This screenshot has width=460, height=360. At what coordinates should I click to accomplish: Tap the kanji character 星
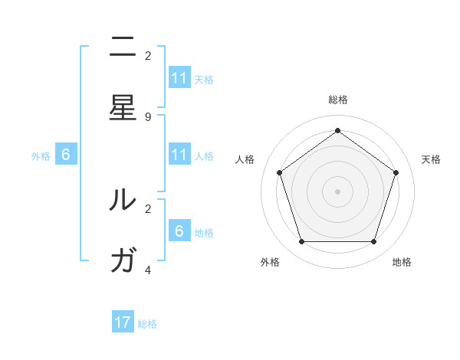123,108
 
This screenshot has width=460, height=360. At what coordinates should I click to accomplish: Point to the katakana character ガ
123,260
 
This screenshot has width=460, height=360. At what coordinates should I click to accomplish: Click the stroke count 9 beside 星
148,116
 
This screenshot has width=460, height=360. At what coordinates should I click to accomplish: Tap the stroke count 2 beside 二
148,56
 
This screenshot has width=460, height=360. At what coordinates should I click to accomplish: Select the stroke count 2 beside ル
148,208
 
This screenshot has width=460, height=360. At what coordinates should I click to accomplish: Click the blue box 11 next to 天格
179,78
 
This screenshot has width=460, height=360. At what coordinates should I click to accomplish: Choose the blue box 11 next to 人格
179,155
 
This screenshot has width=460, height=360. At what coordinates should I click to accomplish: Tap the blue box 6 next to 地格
179,231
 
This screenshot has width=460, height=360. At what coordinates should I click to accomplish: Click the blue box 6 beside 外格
66,155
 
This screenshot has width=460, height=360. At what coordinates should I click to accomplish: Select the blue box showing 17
123,322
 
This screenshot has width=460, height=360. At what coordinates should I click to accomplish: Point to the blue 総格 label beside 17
147,324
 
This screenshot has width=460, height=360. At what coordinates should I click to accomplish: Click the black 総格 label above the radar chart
337,100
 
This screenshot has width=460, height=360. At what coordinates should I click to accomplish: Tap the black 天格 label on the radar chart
431,159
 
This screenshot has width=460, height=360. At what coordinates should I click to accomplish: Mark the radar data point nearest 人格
279,172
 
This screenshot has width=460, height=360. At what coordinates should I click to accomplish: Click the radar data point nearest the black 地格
373,242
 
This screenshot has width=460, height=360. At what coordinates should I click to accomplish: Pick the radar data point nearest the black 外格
301,242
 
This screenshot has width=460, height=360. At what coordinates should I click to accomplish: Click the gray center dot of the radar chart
337,191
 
